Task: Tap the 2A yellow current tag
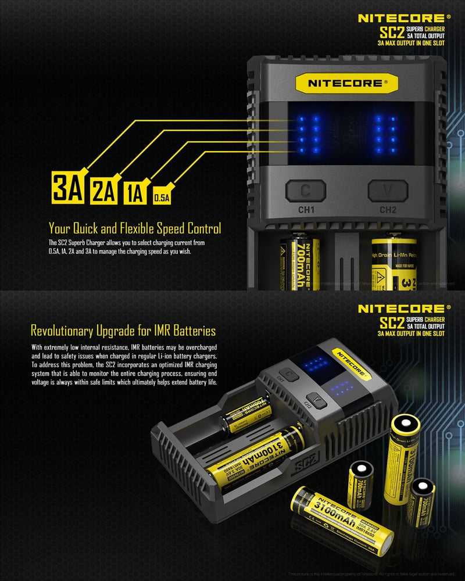(103, 191)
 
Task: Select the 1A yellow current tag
(134, 192)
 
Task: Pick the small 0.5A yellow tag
(161, 198)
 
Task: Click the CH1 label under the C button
(306, 210)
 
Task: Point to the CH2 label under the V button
(388, 210)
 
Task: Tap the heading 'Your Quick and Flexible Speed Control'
(135, 228)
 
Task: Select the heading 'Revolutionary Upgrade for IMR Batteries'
(123, 331)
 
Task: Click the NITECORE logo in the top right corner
(404, 18)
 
